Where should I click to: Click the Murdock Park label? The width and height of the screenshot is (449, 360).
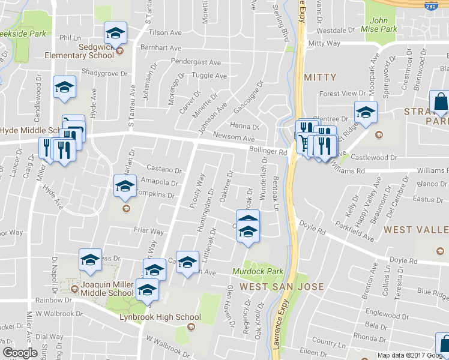pos(258,272)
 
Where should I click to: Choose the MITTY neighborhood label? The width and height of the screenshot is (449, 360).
pos(320,77)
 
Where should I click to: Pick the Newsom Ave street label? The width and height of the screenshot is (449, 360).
pos(231,137)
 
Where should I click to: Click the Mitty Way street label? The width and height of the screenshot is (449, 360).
pos(324,43)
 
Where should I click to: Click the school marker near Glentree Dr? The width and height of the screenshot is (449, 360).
pos(365,112)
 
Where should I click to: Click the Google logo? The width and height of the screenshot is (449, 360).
pos(20,353)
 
